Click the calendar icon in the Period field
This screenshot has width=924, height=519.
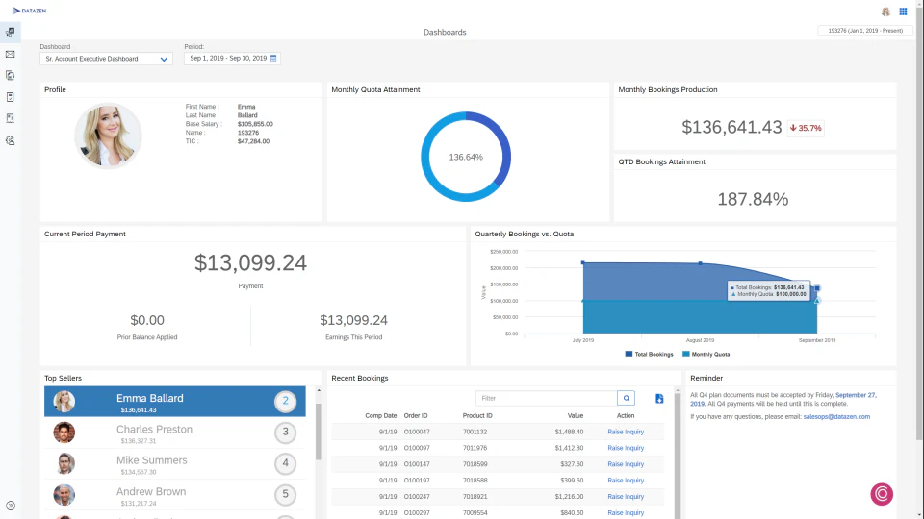tap(273, 59)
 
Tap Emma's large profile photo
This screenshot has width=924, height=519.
tap(108, 136)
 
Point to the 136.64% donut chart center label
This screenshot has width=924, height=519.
tap(466, 157)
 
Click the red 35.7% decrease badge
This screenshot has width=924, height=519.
tap(806, 128)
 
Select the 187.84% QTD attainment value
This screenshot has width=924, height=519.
tap(753, 200)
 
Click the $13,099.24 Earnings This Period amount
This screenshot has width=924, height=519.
tap(353, 320)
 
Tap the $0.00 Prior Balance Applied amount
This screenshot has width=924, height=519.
tap(147, 320)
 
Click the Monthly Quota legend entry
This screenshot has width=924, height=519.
tap(707, 354)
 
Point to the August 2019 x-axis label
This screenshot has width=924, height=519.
tap(700, 340)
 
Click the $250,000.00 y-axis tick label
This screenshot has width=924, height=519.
tap(504, 252)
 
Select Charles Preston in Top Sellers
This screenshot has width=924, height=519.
tap(154, 430)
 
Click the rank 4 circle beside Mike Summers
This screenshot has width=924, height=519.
tap(284, 463)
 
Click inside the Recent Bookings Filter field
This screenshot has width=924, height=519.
tap(546, 398)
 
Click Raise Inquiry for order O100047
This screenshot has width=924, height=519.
tap(626, 432)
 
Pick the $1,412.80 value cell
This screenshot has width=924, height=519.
tap(569, 448)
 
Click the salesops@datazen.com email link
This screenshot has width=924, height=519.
tap(836, 417)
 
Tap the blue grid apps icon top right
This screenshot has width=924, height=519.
tap(903, 12)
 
